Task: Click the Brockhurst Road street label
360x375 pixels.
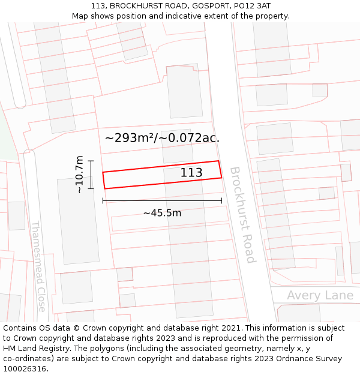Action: pos(242,214)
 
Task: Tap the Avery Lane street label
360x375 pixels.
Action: pos(320,295)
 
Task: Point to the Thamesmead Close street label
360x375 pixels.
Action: pos(38,266)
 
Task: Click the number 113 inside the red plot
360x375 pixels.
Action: pos(191,173)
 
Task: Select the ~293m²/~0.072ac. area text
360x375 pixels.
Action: pos(162,138)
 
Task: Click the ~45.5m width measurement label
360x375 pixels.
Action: pos(162,212)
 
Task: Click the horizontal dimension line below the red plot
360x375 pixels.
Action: pos(162,200)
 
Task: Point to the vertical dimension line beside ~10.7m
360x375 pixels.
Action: pos(91,175)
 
